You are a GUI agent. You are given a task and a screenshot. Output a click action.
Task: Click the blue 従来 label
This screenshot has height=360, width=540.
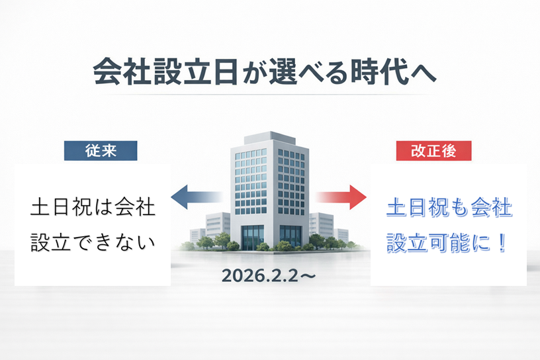click(x=101, y=150)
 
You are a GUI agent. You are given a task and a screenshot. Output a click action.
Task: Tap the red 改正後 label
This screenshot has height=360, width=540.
click(x=433, y=150)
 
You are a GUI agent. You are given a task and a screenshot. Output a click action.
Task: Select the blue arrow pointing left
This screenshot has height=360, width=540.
click(x=197, y=197)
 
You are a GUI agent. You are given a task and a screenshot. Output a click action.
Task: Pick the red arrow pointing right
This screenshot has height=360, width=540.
click(x=341, y=197)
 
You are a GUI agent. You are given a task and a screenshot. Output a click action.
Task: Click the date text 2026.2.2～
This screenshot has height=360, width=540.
click(x=269, y=275)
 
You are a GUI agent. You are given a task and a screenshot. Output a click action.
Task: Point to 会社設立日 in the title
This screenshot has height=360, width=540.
click(x=165, y=71)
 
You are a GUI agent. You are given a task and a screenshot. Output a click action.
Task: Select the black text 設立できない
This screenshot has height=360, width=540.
click(x=93, y=242)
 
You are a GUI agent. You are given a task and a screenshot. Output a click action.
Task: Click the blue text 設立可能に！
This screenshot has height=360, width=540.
click(x=447, y=242)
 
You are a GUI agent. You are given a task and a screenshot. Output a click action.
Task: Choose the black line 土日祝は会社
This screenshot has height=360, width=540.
click(x=93, y=206)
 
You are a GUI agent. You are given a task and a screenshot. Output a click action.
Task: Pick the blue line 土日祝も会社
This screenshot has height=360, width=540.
click(x=449, y=208)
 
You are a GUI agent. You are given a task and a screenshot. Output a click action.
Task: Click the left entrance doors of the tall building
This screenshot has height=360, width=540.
click(x=253, y=237)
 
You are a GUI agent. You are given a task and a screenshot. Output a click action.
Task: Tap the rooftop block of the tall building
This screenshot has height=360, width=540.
click(x=269, y=138)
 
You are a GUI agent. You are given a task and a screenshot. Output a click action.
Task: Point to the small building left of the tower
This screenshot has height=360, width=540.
click(x=218, y=226)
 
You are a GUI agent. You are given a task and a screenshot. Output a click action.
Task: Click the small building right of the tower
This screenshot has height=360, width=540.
click(x=322, y=224)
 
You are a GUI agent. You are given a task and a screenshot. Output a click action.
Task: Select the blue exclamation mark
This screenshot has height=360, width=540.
click(x=502, y=242)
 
